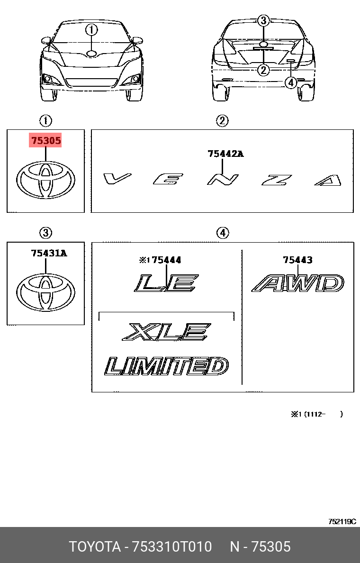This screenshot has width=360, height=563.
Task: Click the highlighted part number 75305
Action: (x=45, y=140)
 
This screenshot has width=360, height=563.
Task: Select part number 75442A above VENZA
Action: (x=225, y=154)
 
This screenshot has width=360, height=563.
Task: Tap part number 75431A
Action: (x=49, y=253)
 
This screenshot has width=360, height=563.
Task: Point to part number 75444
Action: (x=167, y=260)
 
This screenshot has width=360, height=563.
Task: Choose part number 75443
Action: (x=297, y=260)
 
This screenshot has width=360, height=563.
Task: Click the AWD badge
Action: (x=297, y=283)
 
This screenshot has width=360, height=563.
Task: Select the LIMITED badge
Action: (x=167, y=366)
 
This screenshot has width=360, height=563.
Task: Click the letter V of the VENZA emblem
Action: (x=117, y=178)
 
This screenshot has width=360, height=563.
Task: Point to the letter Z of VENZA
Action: (x=277, y=180)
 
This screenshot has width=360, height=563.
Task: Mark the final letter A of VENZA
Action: (x=328, y=180)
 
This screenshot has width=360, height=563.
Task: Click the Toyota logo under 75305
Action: (x=45, y=180)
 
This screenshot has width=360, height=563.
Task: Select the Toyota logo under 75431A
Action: (x=45, y=292)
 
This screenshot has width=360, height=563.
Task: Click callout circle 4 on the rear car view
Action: (x=291, y=83)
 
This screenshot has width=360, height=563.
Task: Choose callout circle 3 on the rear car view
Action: (x=263, y=20)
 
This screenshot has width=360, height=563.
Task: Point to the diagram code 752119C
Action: (x=342, y=521)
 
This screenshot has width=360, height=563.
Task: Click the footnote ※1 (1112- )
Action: (x=317, y=414)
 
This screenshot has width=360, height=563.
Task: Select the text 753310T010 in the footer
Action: (x=172, y=546)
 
